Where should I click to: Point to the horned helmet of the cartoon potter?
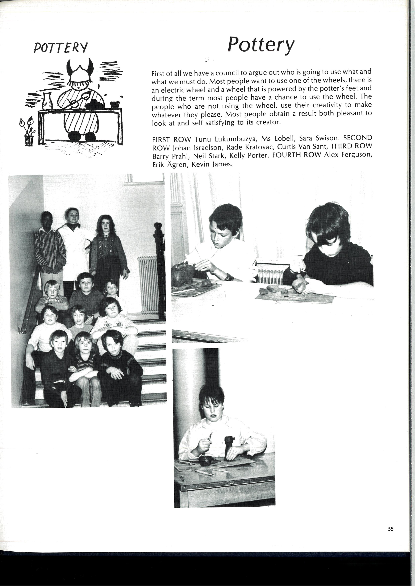click(80, 70)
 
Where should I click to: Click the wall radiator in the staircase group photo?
click(148, 285)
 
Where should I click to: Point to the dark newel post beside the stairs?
click(159, 268)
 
